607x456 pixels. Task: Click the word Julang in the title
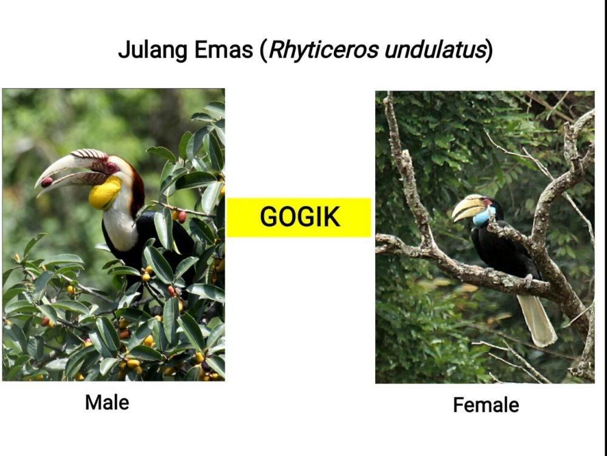(153, 50)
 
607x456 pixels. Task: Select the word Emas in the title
(223, 50)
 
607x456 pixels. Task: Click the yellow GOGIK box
(299, 217)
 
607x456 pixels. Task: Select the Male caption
(107, 403)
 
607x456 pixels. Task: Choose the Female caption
(486, 405)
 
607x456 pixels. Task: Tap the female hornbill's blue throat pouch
(481, 217)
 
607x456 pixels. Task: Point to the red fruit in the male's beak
(47, 182)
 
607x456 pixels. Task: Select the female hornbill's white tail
(537, 320)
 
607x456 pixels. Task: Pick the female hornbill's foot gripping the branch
(527, 279)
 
